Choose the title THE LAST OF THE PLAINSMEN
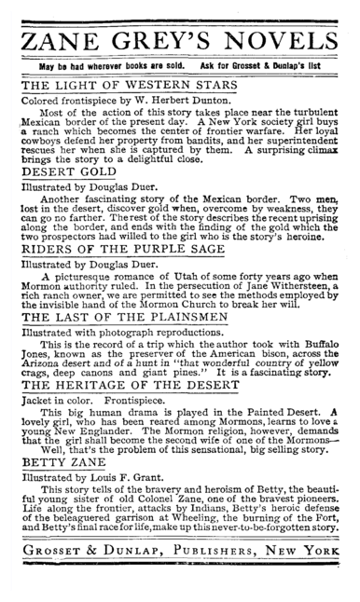(x=122, y=316)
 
